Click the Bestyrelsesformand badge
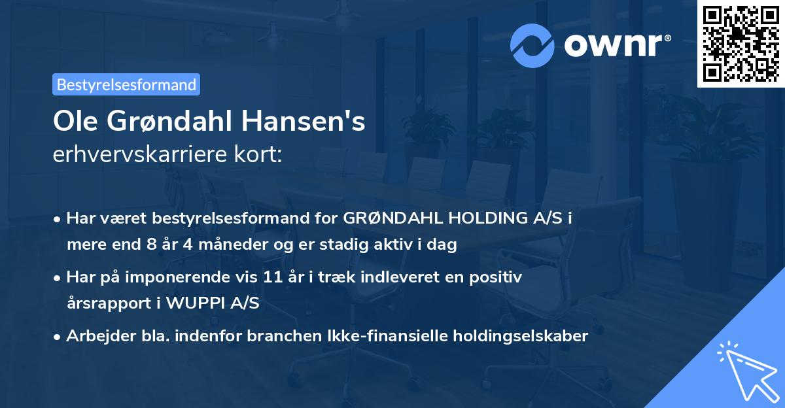click(126, 84)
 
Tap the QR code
click(741, 44)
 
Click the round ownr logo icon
click(532, 45)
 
